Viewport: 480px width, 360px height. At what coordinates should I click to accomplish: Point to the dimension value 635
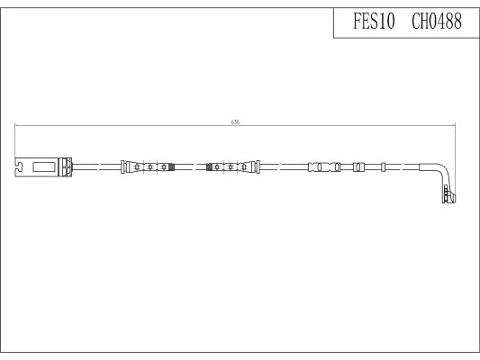coord(236,121)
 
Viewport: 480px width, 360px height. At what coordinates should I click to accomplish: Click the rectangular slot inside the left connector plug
coord(42,166)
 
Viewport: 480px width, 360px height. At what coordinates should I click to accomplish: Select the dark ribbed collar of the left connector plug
coord(66,166)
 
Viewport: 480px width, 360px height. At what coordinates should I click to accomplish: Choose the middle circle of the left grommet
coord(149,166)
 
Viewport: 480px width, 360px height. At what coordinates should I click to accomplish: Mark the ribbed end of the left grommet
coord(168,166)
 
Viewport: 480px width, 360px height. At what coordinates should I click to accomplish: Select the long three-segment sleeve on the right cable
coord(323,166)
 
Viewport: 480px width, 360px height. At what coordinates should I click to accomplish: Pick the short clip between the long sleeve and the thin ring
coord(358,166)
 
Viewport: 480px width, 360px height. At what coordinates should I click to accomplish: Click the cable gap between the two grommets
coord(190,166)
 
